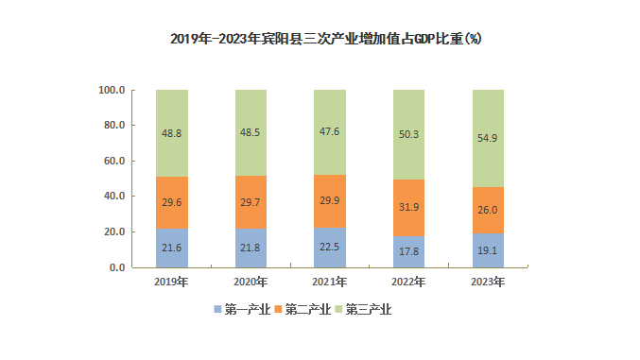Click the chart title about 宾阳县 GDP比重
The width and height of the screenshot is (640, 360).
(326, 39)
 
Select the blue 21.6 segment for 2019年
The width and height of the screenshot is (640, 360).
(172, 249)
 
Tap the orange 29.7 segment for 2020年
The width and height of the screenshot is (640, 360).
(251, 202)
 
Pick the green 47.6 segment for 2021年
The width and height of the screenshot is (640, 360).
(330, 132)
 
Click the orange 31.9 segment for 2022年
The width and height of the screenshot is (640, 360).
(408, 208)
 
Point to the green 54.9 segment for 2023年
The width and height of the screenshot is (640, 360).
(488, 138)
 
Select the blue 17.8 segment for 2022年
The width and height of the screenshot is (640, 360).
(408, 252)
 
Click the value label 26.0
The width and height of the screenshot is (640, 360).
(488, 210)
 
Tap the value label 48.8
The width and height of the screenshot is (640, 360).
(171, 133)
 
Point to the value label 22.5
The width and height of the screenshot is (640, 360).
(329, 247)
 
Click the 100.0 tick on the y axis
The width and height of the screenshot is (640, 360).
(112, 90)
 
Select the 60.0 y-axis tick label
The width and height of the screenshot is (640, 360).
(114, 161)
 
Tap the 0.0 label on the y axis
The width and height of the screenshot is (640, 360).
(117, 267)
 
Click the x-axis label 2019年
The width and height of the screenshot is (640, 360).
(171, 282)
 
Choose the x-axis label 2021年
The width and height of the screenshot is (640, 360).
(330, 282)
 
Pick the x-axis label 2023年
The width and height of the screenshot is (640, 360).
(488, 282)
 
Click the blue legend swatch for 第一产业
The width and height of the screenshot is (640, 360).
(217, 309)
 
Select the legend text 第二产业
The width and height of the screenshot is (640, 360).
(308, 309)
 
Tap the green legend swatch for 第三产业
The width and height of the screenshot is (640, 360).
(338, 309)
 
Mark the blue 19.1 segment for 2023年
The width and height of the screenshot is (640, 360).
(488, 250)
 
